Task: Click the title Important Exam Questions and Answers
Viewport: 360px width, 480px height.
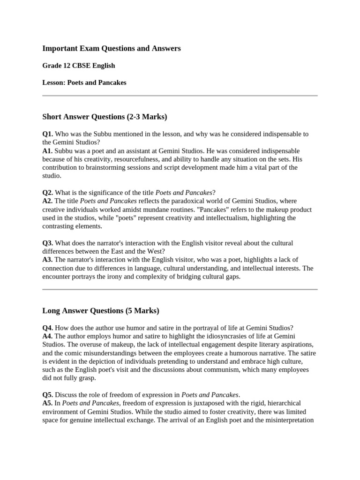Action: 111,48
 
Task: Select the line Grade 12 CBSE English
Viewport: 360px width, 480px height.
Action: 78,66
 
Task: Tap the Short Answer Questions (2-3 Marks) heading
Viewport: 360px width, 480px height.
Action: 105,116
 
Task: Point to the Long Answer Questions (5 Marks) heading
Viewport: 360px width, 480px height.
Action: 101,310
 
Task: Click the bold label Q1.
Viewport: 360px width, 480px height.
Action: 48,134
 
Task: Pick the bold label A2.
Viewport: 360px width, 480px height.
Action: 48,201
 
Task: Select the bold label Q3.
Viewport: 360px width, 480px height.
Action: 48,243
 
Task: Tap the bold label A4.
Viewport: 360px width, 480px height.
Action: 48,336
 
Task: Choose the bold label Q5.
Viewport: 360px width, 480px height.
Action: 48,395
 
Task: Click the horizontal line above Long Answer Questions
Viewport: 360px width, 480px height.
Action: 180,290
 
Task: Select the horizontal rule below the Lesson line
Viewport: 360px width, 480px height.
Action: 180,96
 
